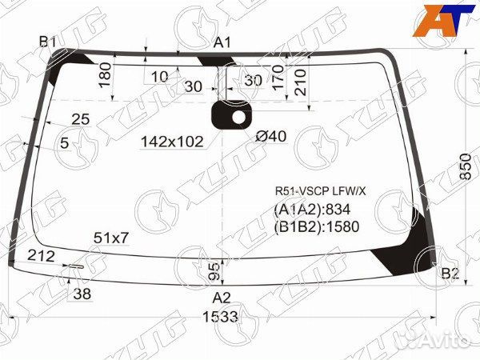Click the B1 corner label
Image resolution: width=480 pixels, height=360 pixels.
pos(47,42)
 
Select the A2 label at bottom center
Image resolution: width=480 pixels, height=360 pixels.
pos(222,298)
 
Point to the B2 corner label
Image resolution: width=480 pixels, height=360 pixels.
pos(450,274)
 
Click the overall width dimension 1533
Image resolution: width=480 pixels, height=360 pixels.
pos(219,317)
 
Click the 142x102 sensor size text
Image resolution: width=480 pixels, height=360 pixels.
pos(172,142)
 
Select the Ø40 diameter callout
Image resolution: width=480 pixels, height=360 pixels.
pos(270,137)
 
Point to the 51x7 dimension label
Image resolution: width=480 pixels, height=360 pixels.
pos(111,238)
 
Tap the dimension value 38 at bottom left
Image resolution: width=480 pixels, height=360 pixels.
pos(82,294)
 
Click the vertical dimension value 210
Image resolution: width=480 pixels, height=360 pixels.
pos(300,80)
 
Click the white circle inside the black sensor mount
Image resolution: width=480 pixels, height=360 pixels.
pos(238,118)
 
